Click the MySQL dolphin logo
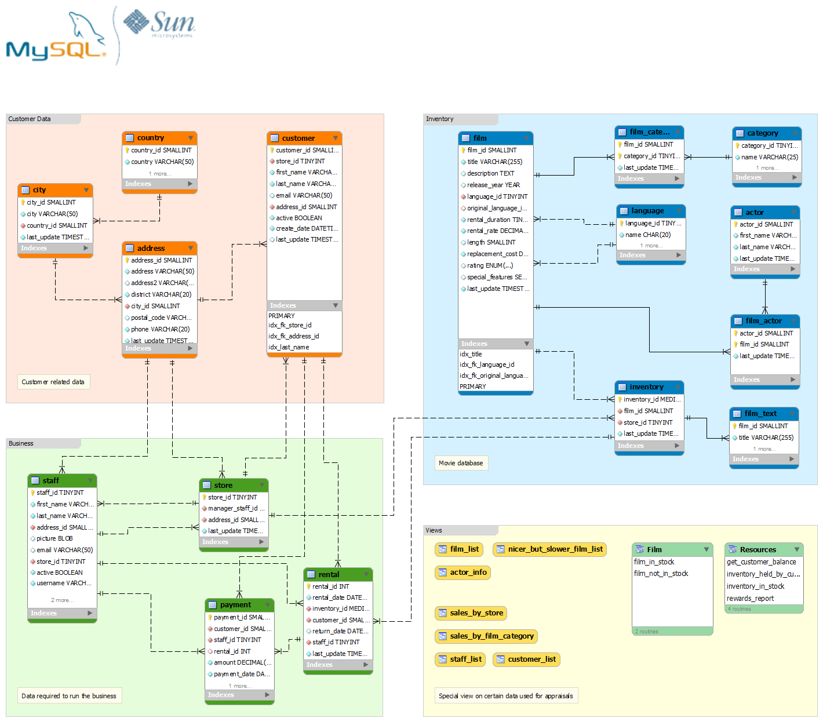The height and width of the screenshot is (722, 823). (56, 38)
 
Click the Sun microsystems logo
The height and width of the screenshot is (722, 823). (160, 23)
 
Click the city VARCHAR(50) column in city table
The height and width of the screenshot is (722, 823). (52, 214)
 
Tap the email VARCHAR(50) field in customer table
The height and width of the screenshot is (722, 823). (304, 195)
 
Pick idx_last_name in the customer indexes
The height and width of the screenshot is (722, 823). (289, 347)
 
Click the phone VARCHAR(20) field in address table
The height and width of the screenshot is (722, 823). (160, 329)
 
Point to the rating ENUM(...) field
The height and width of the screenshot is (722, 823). (490, 265)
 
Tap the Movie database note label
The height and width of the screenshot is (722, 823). (461, 463)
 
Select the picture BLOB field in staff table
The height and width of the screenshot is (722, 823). (54, 538)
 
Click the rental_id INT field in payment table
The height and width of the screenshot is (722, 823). (232, 651)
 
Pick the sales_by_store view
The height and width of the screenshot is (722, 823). (471, 613)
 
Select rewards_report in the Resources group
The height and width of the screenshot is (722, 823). (750, 599)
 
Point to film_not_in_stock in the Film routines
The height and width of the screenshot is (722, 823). (661, 574)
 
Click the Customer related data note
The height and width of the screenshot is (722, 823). (53, 382)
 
